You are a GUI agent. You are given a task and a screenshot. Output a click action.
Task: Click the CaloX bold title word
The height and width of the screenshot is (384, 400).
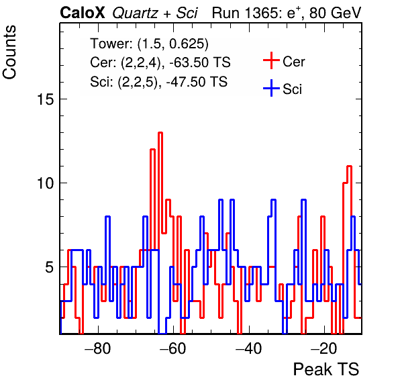pyautogui.click(x=83, y=13)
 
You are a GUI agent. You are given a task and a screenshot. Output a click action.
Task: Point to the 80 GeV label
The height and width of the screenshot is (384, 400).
pyautogui.click(x=336, y=13)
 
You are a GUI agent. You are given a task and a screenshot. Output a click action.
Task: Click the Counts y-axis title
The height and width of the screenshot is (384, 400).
pyautogui.click(x=9, y=52)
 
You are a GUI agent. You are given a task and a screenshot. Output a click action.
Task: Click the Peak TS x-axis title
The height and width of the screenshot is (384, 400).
pyautogui.click(x=326, y=369)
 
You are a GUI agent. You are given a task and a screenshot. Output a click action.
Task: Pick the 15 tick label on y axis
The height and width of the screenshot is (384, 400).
pyautogui.click(x=46, y=99)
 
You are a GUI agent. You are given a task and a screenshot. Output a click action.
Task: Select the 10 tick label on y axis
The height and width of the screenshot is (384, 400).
pyautogui.click(x=46, y=183)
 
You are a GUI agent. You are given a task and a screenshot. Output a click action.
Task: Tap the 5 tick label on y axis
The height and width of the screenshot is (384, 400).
pyautogui.click(x=50, y=267)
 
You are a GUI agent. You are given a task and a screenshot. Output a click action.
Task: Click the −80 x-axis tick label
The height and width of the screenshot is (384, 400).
pyautogui.click(x=98, y=348)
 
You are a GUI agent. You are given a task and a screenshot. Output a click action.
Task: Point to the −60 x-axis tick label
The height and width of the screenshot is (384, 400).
pyautogui.click(x=173, y=348)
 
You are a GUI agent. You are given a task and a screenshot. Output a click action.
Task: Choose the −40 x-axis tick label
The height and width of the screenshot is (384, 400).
pyautogui.click(x=248, y=348)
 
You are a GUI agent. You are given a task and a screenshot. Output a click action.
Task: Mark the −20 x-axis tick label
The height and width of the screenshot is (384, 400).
pyautogui.click(x=324, y=348)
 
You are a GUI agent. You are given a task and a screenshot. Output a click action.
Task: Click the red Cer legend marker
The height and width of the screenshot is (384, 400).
pyautogui.click(x=271, y=60)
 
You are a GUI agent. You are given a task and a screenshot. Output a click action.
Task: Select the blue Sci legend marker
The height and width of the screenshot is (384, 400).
pyautogui.click(x=271, y=89)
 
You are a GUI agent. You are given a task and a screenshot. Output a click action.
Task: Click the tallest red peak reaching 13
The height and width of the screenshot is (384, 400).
pyautogui.click(x=160, y=133)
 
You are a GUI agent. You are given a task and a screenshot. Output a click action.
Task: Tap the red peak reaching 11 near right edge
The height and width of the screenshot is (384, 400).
pyautogui.click(x=349, y=166)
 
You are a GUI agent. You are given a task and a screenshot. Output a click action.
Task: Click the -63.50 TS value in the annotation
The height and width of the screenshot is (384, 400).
pyautogui.click(x=200, y=62)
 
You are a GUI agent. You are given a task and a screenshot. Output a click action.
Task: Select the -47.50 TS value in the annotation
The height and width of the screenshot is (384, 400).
pyautogui.click(x=197, y=82)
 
